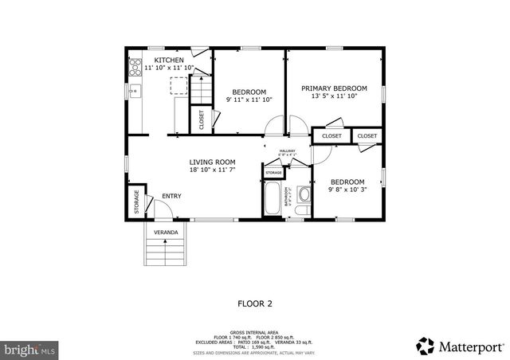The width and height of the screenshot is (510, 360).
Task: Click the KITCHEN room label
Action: pos(169,61)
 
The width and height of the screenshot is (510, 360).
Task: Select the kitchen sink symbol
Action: pos(135,90)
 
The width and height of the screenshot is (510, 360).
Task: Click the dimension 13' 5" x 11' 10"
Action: pos(334,96)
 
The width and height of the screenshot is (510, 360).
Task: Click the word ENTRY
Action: pos(171,196)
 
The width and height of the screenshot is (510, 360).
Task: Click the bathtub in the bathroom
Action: pos(273,199)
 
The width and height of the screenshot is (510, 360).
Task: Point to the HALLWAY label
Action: pos(287,151)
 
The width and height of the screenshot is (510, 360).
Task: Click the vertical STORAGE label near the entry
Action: pos(136,202)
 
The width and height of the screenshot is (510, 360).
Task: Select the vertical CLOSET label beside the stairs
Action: pos(201,119)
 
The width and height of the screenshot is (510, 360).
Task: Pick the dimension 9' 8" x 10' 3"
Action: pos(347,190)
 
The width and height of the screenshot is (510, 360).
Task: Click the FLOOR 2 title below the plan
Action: pos(255,303)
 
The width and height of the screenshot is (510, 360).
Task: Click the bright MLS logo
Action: pos(29,348)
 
